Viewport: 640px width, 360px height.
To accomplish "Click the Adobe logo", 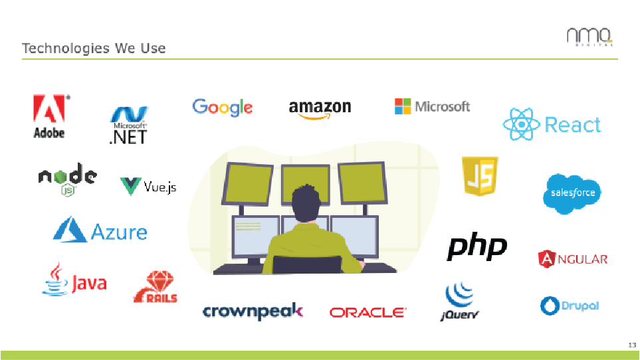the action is click(x=49, y=116).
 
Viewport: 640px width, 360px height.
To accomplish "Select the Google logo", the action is click(x=222, y=107).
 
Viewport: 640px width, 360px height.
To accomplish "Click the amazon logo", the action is click(x=320, y=109).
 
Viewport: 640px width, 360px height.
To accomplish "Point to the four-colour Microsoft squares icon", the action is click(x=403, y=106).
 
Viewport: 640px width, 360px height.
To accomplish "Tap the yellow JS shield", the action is click(x=480, y=177).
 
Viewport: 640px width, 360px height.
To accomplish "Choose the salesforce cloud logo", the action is click(x=572, y=193).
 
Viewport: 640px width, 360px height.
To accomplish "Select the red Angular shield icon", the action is click(x=546, y=258).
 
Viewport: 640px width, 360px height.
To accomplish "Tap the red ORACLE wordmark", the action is click(x=367, y=312).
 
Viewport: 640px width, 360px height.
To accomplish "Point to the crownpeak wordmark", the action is click(x=253, y=311).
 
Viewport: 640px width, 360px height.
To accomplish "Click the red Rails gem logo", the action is click(x=156, y=287).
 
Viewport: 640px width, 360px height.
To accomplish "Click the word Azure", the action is click(x=119, y=232).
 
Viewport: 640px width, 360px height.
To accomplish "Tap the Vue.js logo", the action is click(x=148, y=187).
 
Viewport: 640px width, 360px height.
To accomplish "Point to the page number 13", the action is click(x=631, y=345).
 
